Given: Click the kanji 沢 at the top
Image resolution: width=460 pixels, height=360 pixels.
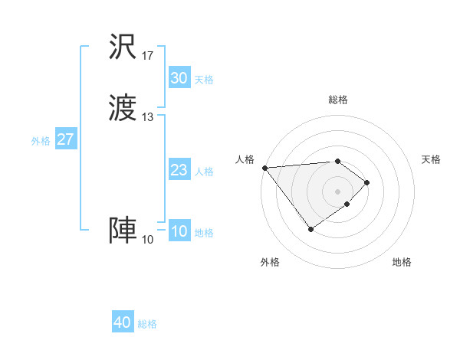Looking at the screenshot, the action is click(x=123, y=47).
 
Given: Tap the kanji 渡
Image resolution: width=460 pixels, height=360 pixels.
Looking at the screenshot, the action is click(x=123, y=109).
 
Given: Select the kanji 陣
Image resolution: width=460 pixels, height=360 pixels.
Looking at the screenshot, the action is click(x=123, y=231).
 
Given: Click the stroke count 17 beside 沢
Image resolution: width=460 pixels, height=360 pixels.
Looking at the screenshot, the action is click(x=148, y=56).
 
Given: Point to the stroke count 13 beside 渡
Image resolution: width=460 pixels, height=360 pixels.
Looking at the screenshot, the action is click(x=148, y=117).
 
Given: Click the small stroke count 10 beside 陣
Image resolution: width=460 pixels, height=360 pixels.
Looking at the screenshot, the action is click(x=148, y=240).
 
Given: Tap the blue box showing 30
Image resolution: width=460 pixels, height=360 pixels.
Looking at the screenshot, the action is click(x=179, y=78).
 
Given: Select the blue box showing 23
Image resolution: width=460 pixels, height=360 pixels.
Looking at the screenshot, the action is click(x=179, y=170).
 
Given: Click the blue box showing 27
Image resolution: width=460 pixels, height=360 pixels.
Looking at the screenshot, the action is click(x=66, y=139).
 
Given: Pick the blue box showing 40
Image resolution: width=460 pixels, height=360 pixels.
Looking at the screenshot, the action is click(x=122, y=322).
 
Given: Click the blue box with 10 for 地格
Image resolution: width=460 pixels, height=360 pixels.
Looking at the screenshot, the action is click(x=179, y=231).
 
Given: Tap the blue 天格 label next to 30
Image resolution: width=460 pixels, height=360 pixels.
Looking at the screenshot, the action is click(x=204, y=80).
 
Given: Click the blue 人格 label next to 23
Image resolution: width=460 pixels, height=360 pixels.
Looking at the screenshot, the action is click(x=204, y=172).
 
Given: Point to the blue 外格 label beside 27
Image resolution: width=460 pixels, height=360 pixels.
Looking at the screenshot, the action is click(x=41, y=141).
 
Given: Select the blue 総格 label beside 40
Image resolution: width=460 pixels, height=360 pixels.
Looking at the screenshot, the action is click(x=147, y=324).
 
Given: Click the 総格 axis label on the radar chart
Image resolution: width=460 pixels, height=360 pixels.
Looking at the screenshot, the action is click(x=338, y=100).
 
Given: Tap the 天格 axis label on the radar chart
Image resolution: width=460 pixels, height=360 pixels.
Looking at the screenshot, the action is click(x=432, y=159).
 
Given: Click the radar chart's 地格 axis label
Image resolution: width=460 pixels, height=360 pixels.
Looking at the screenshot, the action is click(x=402, y=262).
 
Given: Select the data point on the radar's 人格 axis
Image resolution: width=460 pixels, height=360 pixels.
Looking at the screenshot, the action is click(x=264, y=168).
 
